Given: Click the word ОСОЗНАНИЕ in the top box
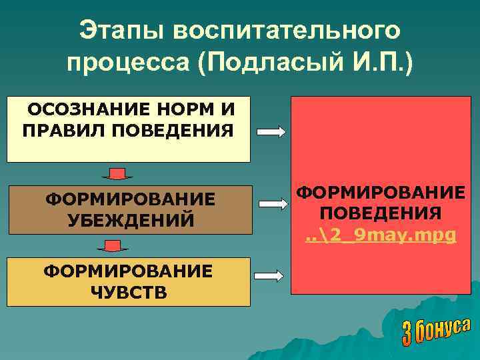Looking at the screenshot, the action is [82, 108].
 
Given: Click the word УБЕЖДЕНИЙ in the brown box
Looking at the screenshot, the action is [130, 219].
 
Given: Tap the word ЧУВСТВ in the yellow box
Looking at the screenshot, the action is [129, 292].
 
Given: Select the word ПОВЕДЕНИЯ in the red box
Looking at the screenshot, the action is [380, 213].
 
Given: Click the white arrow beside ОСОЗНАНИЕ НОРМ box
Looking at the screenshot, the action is [271, 132].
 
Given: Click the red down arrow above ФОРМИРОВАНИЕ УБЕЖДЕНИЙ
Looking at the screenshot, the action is [117, 175].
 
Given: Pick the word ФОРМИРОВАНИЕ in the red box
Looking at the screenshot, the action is [380, 193].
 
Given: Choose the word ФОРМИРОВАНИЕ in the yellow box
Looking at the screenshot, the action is [128, 271].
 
